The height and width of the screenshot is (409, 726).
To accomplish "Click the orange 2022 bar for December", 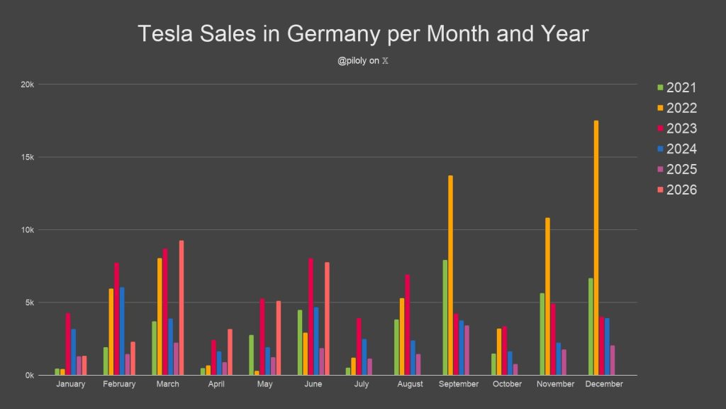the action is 596,248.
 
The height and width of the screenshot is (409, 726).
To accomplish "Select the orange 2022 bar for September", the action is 450,275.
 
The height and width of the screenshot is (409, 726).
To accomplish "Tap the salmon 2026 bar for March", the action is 181,307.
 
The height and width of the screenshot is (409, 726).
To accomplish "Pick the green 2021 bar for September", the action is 445,317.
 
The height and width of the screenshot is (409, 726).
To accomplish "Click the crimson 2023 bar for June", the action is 311,317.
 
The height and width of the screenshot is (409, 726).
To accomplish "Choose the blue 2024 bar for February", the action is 122,331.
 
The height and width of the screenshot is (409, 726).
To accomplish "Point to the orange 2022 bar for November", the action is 548,296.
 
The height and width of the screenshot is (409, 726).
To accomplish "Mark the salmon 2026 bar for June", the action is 328,319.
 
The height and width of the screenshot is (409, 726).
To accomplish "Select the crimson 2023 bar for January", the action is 68,344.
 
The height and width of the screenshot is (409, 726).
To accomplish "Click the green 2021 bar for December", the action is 591,327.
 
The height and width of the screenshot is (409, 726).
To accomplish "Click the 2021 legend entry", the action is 677,87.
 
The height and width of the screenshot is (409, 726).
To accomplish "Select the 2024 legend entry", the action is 677,148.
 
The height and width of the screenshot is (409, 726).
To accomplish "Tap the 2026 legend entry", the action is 677,190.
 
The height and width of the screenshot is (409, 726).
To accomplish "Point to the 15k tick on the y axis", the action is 28,157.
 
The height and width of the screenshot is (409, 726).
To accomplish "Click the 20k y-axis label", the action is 28,84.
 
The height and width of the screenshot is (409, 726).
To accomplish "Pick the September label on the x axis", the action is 459,384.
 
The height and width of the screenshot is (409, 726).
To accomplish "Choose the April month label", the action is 216,384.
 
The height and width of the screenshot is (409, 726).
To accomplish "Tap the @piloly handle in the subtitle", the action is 352,61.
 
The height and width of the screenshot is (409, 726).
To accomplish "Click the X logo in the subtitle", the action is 385,61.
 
